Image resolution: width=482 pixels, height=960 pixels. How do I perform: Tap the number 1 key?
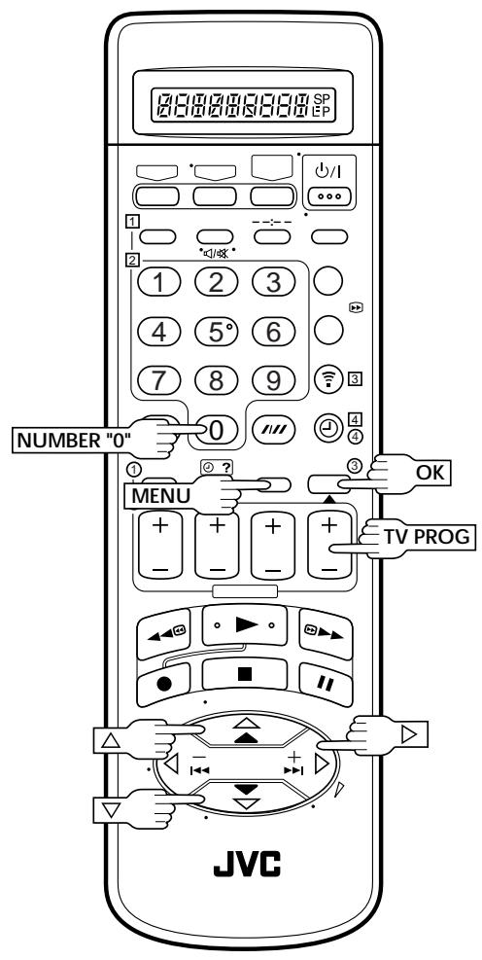(158, 282)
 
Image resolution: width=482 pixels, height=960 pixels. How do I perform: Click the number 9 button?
(273, 380)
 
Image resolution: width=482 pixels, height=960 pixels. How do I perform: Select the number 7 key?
(158, 380)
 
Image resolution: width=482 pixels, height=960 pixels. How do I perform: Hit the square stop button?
(245, 674)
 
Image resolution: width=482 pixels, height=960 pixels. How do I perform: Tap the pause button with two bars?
(325, 683)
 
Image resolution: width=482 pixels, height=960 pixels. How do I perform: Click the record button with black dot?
(164, 684)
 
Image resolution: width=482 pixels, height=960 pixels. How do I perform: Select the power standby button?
(328, 196)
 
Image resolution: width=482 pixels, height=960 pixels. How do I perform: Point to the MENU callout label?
(161, 496)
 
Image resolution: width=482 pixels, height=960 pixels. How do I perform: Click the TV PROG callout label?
(427, 537)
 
